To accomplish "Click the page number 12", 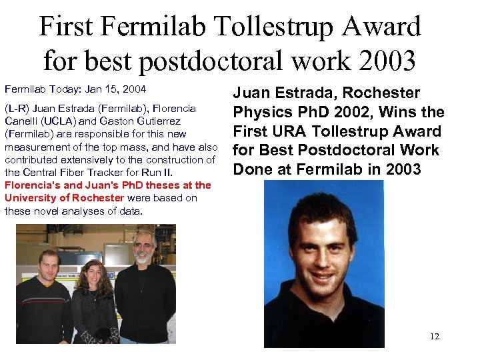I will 434,336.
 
